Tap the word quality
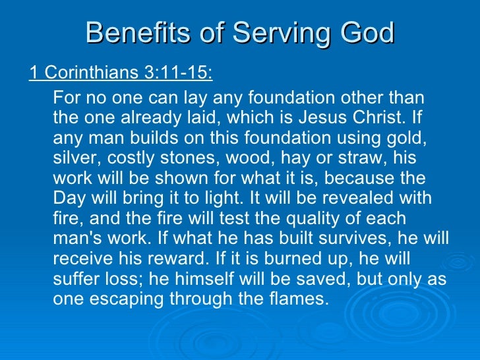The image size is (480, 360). pyautogui.click(x=284, y=219)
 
